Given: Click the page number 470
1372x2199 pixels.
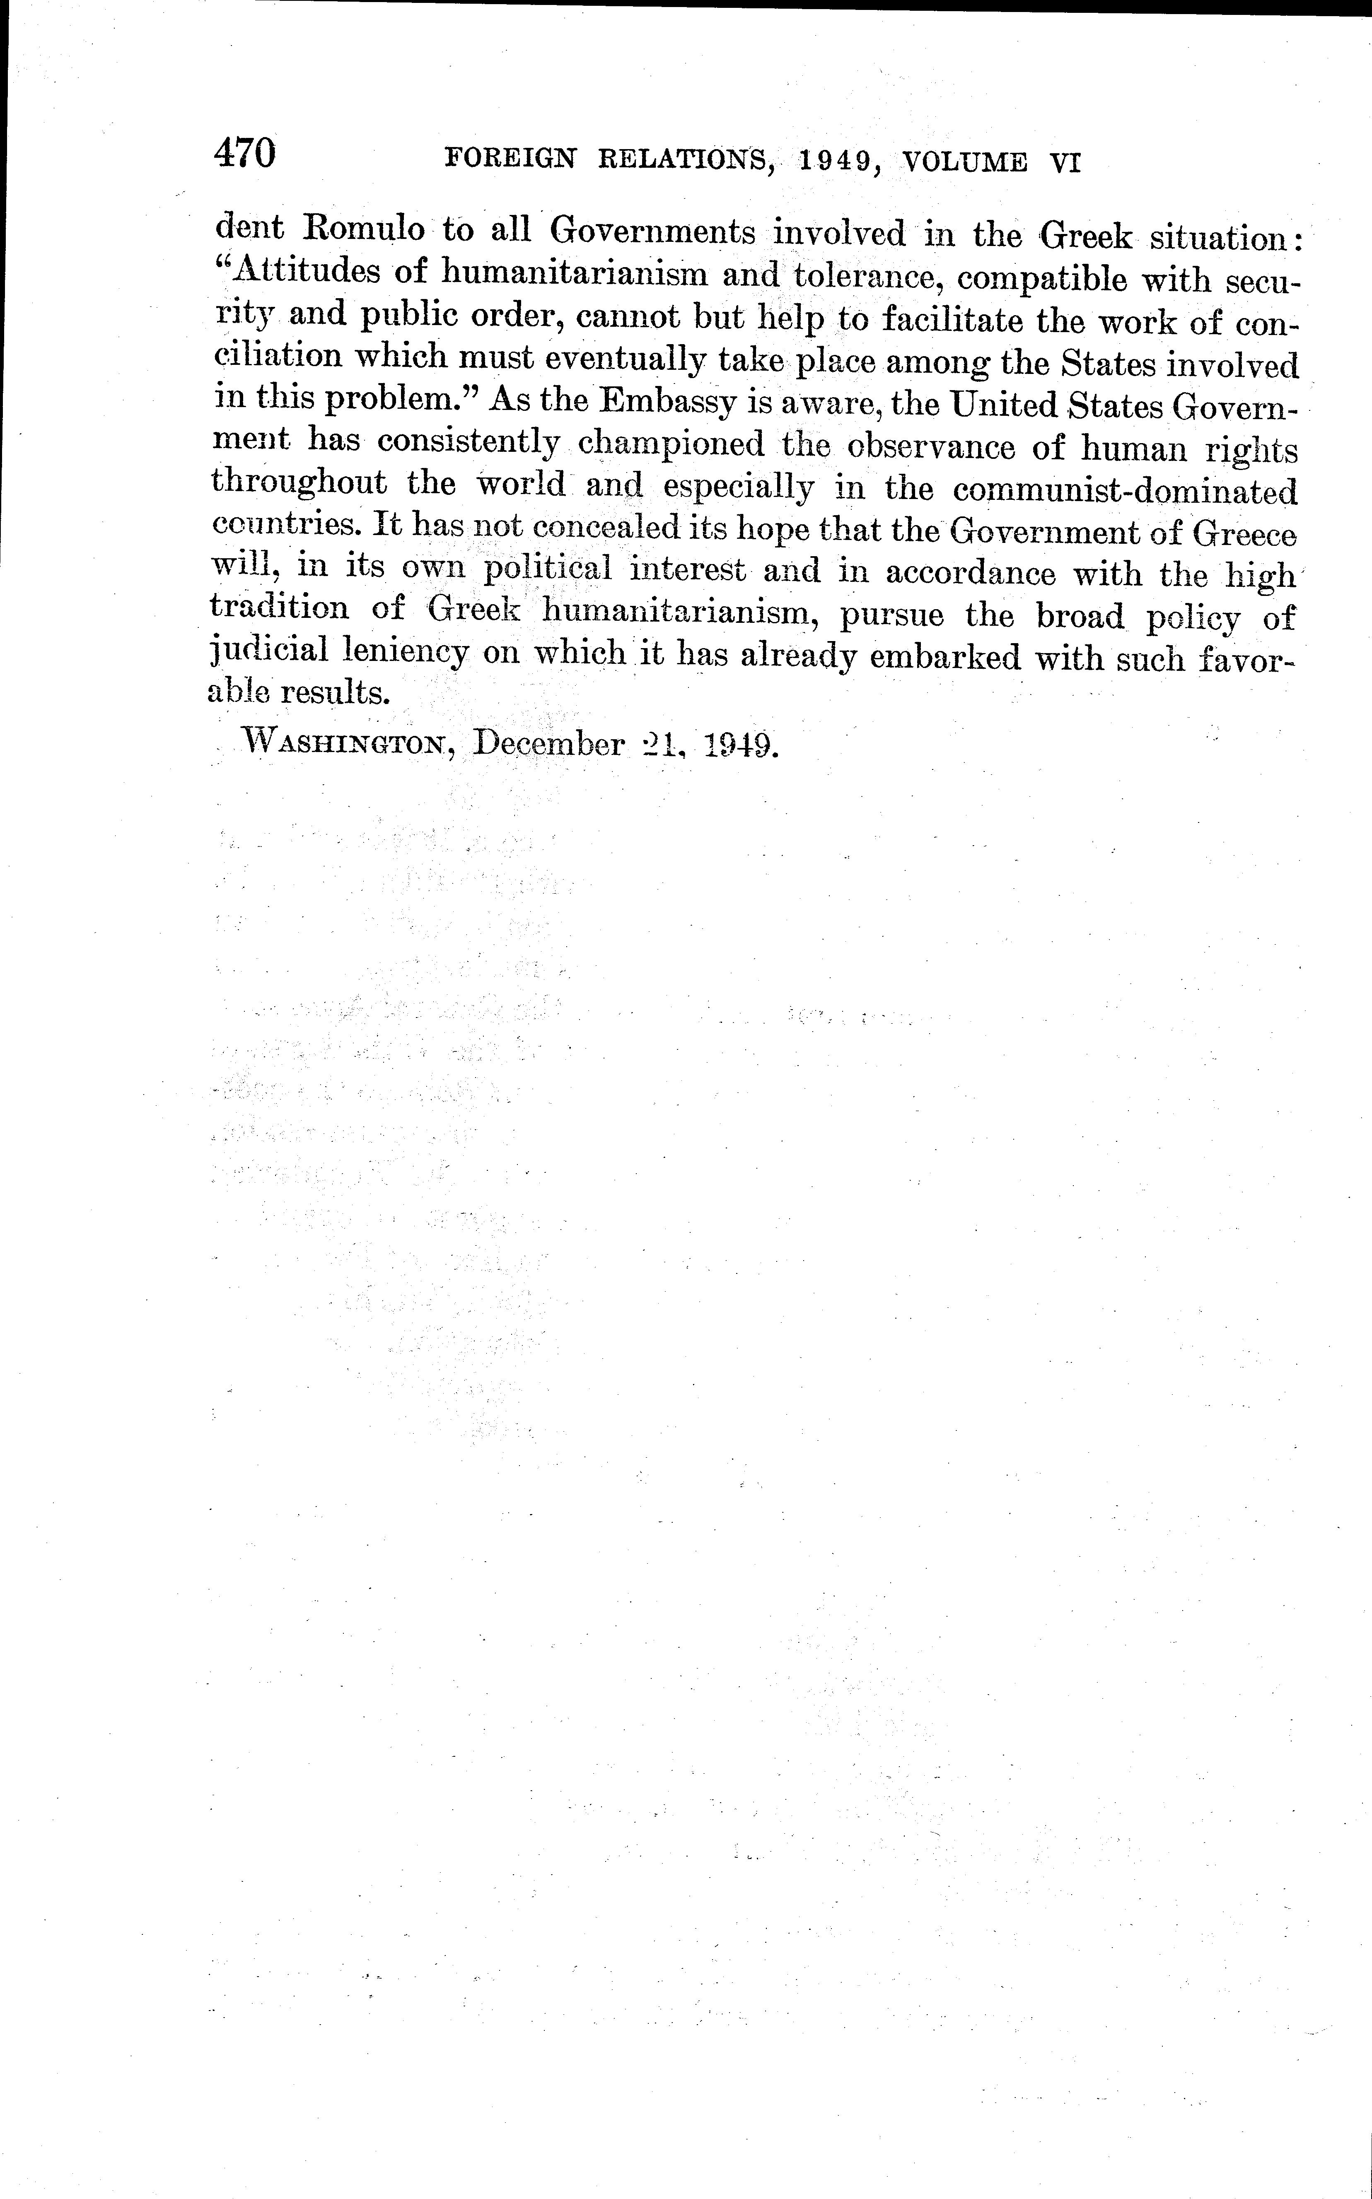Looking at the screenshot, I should pyautogui.click(x=244, y=152).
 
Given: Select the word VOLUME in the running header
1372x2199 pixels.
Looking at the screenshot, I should pyautogui.click(x=966, y=162).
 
